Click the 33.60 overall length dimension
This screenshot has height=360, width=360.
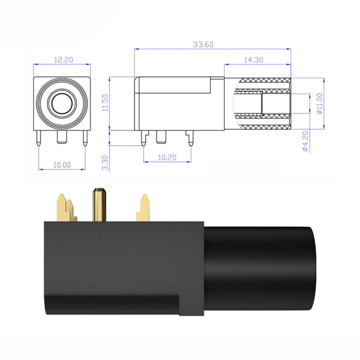tap(203, 44)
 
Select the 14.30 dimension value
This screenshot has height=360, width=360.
tap(254, 60)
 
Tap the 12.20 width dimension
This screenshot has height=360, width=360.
tap(64, 60)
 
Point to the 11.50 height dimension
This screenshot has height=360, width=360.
tap(105, 102)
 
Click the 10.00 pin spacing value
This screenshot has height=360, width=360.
tap(62, 165)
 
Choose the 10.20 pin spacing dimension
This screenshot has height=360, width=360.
tap(167, 158)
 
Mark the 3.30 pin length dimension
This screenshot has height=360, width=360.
tap(105, 163)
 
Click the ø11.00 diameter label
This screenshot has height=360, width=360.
tap(319, 104)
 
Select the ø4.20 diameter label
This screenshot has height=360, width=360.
tap(305, 141)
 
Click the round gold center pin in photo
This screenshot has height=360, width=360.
tap(99, 205)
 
